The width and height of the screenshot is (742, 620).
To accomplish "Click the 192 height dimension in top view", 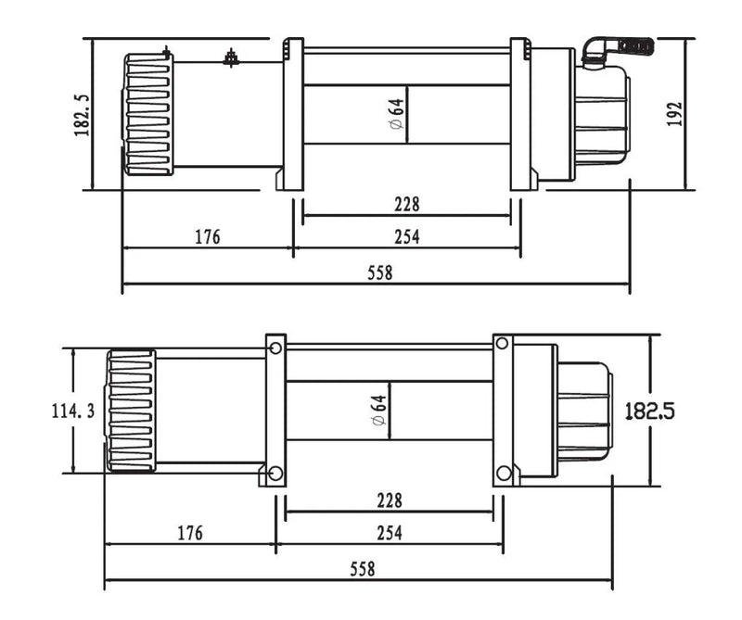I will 675,113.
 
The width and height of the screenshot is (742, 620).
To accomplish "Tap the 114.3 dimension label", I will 72,411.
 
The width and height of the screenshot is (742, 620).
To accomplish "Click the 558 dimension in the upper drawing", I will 379,273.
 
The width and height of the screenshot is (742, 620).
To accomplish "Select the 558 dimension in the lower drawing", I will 363,569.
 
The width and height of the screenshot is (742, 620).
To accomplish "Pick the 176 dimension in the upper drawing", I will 207,237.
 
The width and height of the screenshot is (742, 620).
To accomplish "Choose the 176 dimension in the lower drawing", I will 189,533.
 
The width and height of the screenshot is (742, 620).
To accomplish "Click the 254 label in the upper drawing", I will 406,237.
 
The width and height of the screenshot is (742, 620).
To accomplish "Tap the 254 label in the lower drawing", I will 389,533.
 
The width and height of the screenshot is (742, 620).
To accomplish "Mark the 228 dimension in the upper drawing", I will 406,204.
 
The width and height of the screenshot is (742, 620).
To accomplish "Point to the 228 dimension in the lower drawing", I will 390,500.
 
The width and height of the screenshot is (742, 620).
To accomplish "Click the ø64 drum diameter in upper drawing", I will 396,115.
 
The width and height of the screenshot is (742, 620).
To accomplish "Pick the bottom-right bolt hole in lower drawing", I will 503,474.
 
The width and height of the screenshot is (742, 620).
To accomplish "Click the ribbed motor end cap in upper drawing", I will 148,113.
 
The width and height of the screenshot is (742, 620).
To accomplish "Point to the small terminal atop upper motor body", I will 229,60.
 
